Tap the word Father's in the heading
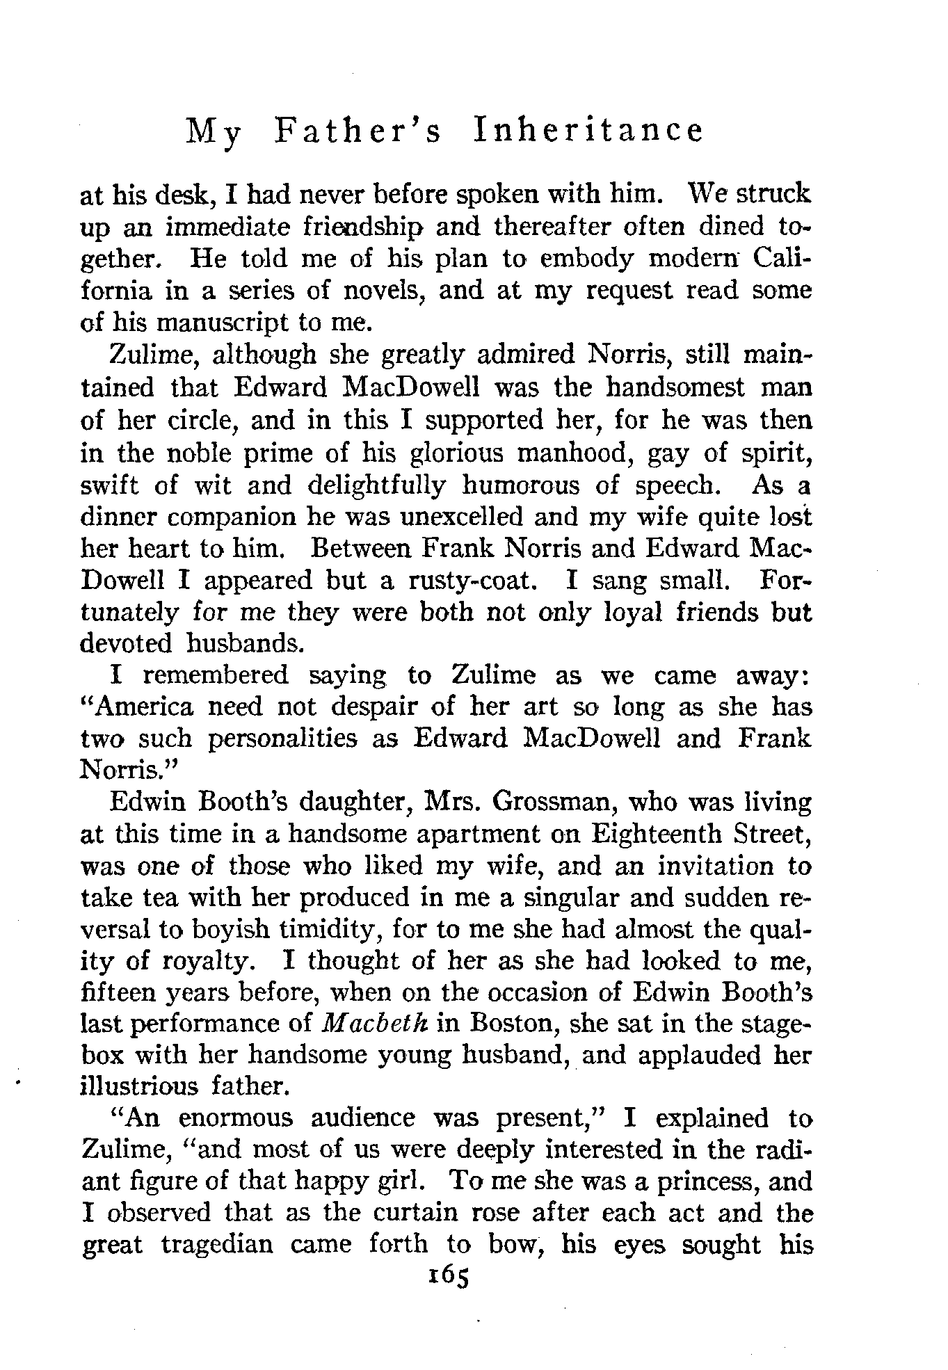(358, 130)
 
